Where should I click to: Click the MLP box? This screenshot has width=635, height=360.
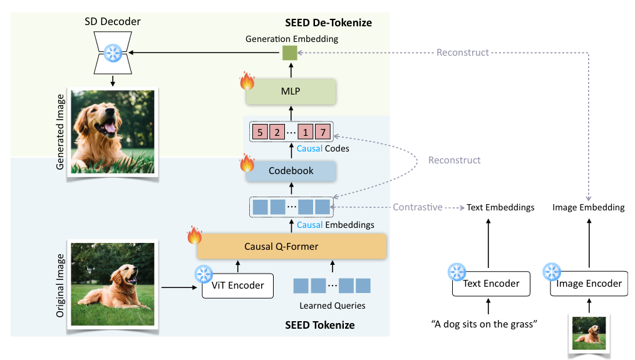291,91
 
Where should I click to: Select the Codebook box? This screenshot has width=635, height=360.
291,170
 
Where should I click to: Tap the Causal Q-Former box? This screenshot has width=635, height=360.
291,247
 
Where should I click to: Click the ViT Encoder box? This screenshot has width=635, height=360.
238,285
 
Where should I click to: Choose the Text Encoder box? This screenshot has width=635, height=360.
491,284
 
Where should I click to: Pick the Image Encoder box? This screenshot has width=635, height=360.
589,284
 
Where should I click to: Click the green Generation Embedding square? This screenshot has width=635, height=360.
289,53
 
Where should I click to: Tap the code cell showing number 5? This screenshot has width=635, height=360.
259,132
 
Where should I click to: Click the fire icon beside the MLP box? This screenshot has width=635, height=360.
248,81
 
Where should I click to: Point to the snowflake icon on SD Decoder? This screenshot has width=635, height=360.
113,53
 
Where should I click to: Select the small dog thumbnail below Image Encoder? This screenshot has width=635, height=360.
589,334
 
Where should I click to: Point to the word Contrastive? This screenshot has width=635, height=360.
418,207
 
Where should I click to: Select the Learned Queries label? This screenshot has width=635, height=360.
332,306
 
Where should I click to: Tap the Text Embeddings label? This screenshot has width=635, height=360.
500,207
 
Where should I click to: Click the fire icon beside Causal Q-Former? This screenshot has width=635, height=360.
195,236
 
